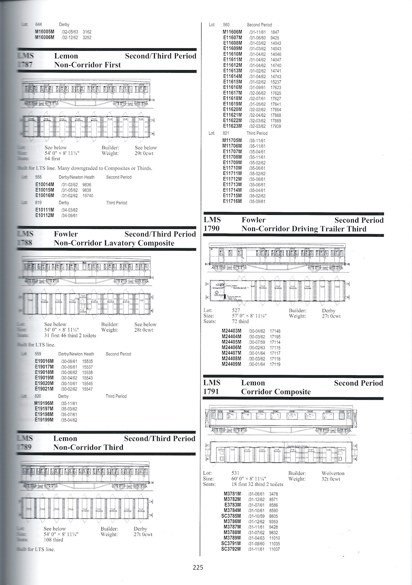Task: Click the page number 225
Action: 198,567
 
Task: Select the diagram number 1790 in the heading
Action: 212,229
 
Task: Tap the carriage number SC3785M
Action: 231,516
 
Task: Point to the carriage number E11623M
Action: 232,126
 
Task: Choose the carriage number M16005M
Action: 45,32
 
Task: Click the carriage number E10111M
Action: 45,210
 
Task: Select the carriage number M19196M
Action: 44,403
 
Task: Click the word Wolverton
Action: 333,473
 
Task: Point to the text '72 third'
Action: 240,321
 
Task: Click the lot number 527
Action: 236,310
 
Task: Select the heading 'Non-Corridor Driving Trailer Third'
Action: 304,229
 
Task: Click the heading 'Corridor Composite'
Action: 276,392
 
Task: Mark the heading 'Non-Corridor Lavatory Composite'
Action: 114,243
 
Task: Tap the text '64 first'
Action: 52,159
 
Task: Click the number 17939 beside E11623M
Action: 276,126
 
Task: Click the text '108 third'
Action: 54,540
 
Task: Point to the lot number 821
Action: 226,133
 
